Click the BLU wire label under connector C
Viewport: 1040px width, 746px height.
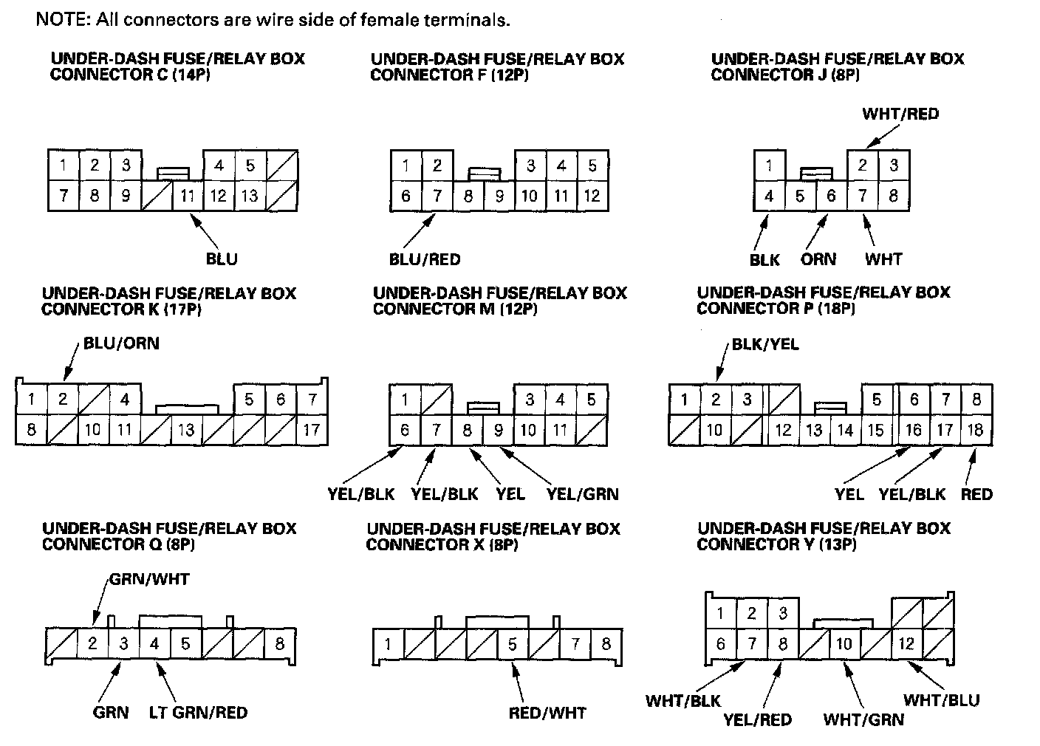222,259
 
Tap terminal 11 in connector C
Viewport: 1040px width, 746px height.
188,196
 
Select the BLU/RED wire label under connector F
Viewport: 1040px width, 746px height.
425,259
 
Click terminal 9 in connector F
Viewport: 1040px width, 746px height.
499,196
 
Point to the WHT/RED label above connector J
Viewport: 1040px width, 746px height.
900,114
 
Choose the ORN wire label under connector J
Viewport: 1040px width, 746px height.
818,259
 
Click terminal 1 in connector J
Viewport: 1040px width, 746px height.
770,165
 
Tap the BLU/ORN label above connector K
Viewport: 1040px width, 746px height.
121,343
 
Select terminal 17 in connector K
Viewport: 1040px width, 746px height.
312,430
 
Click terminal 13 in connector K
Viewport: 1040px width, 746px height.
187,430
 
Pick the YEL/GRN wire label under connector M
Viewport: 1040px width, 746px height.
583,494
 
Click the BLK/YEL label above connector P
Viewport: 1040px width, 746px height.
765,344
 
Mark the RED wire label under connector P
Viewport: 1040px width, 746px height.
976,494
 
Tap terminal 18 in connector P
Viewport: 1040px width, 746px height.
976,430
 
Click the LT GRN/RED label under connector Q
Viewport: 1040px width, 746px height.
198,712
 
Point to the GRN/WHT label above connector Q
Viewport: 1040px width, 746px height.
149,579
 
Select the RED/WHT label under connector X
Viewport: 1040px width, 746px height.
547,713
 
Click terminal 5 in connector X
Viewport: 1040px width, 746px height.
513,644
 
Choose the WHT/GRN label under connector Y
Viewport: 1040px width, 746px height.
863,719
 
